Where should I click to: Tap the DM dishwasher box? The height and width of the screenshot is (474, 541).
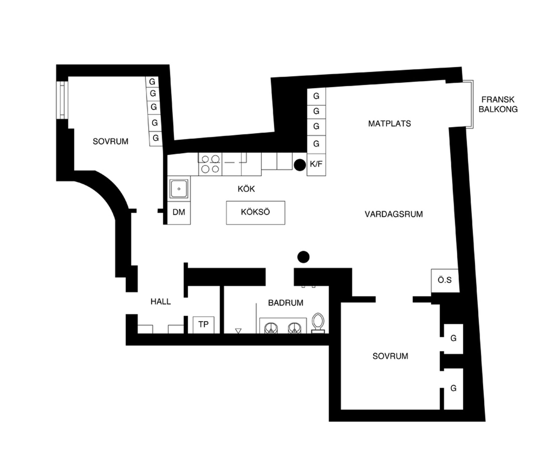(179, 213)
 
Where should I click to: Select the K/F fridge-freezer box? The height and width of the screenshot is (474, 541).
(316, 165)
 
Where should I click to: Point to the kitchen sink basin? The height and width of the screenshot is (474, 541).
(179, 188)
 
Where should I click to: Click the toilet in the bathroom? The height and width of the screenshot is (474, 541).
(318, 323)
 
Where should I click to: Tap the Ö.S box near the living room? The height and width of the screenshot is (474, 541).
(445, 280)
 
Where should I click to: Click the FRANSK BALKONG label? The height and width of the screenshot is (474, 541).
(498, 104)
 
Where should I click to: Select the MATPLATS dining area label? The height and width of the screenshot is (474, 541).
(390, 123)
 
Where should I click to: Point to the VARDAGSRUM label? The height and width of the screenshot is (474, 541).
(394, 214)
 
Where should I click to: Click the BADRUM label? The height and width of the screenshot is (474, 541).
(286, 303)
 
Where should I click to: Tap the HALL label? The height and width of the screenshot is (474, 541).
(161, 302)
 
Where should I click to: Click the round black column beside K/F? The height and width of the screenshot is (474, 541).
(300, 165)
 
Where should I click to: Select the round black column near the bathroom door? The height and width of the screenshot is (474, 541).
(303, 257)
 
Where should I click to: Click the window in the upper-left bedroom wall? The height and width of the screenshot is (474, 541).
(62, 100)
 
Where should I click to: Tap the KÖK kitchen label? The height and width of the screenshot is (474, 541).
(246, 189)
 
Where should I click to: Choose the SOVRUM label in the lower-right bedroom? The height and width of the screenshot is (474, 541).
(390, 356)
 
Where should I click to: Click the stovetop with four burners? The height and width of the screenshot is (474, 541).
(210, 164)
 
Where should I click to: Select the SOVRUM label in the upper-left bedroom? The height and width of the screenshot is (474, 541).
(110, 141)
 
